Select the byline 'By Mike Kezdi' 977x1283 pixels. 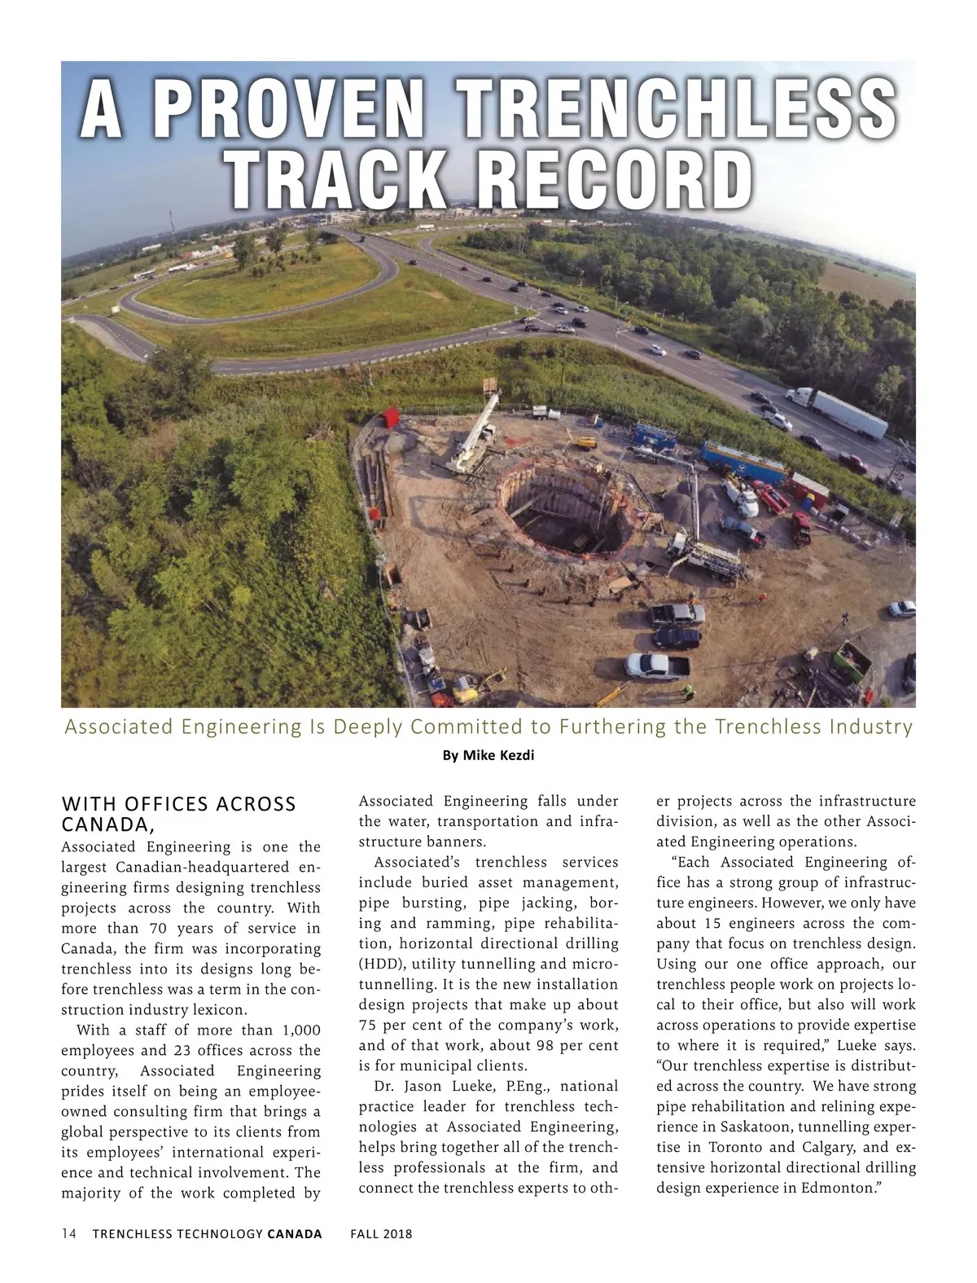pyautogui.click(x=488, y=756)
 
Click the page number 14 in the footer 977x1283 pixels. pyautogui.click(x=69, y=1233)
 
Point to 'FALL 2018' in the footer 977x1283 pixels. pyautogui.click(x=381, y=1233)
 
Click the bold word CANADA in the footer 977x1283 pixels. pyautogui.click(x=295, y=1233)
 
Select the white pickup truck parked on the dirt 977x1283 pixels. pyautogui.click(x=657, y=665)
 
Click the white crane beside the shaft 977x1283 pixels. pyautogui.click(x=476, y=432)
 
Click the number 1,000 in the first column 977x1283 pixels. pyautogui.click(x=300, y=1030)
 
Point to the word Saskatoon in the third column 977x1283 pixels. pyautogui.click(x=736, y=1127)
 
